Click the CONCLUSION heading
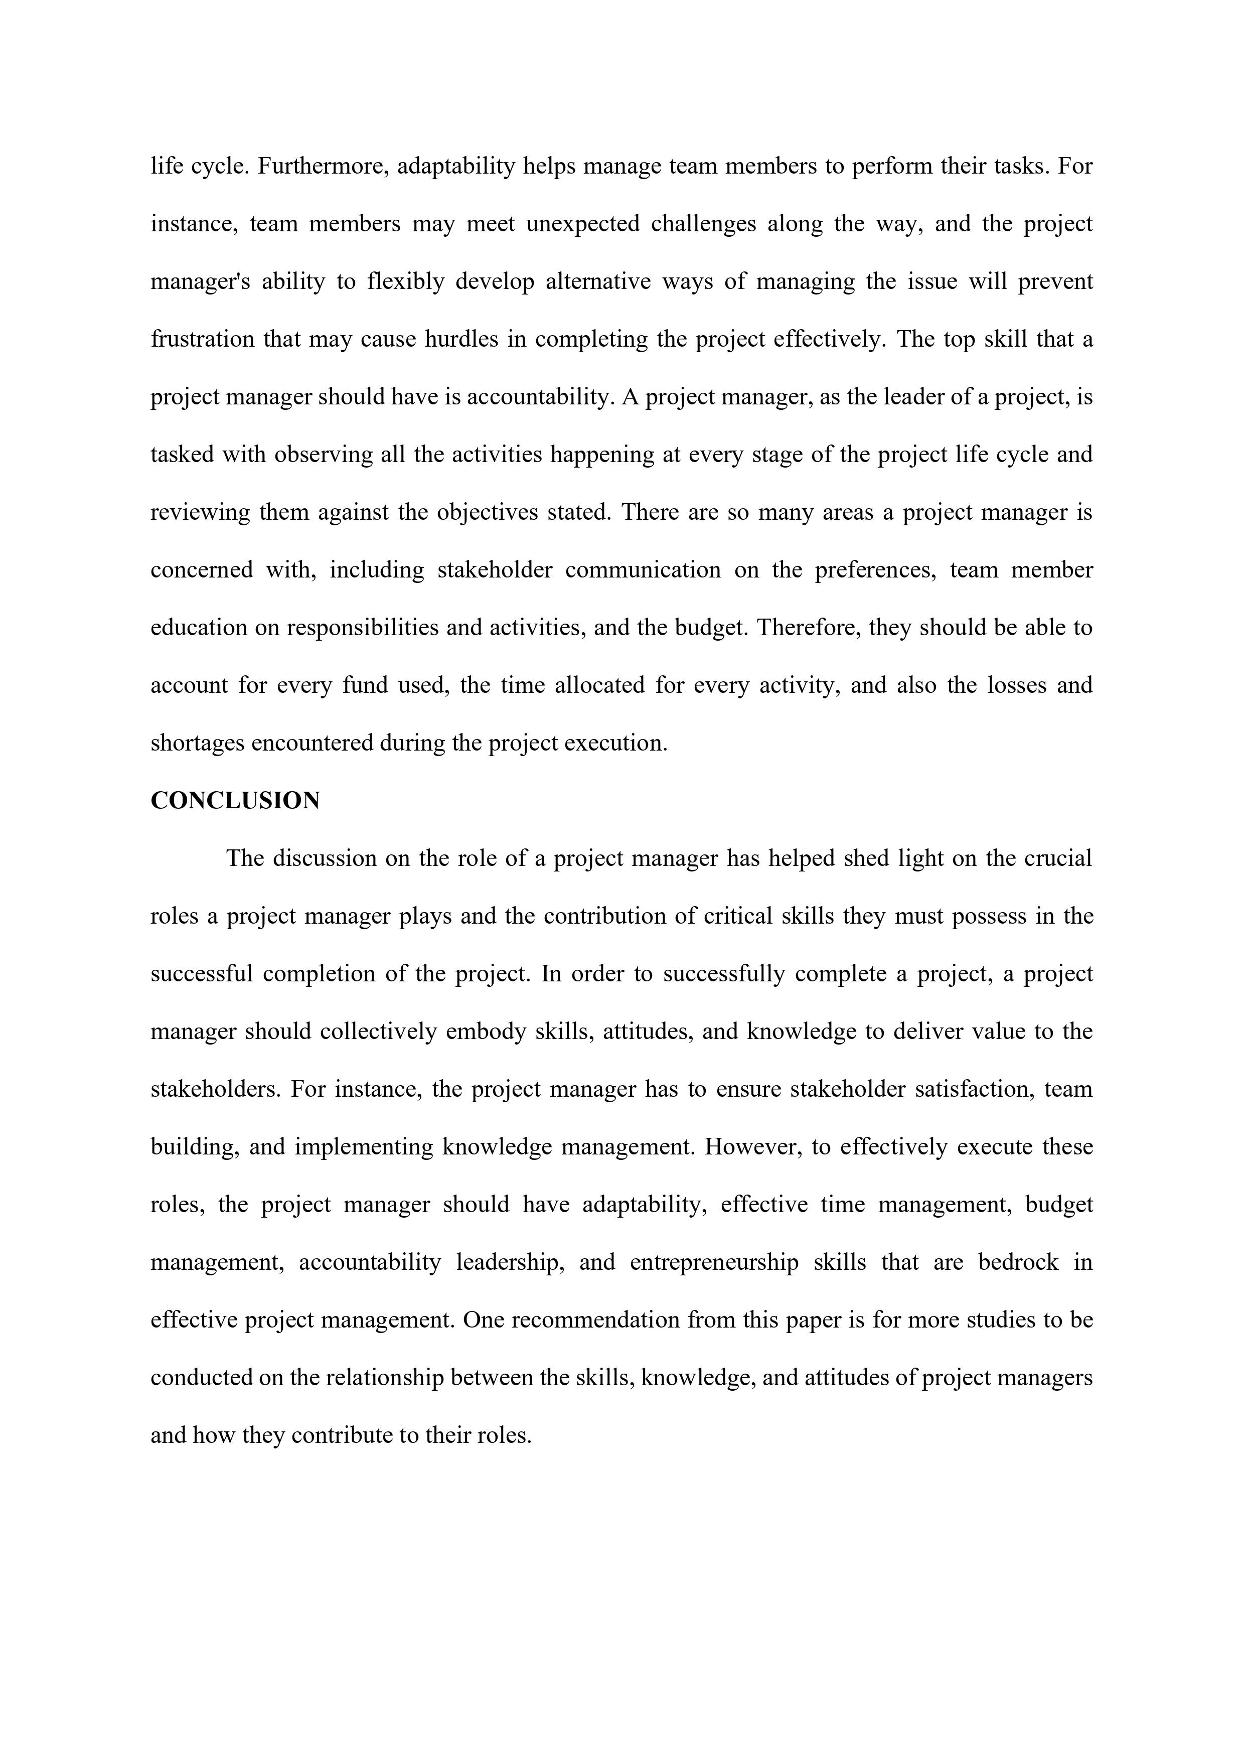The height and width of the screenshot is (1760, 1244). [235, 800]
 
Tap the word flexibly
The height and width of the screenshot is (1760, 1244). [405, 281]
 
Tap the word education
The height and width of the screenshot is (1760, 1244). [199, 628]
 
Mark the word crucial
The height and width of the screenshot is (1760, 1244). [1058, 858]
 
